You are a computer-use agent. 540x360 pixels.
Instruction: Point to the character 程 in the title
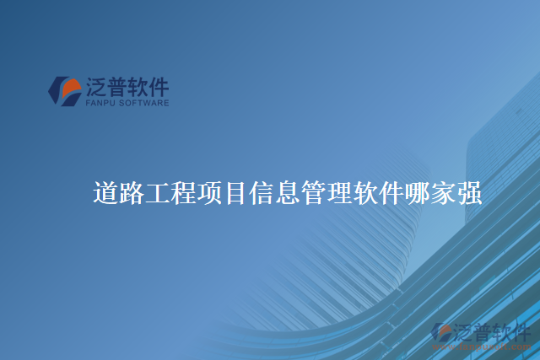click(183, 193)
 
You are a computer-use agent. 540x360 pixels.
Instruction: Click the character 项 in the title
click(209, 193)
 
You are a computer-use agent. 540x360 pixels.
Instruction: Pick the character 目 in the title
click(235, 193)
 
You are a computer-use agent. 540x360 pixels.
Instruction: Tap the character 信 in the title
click(261, 193)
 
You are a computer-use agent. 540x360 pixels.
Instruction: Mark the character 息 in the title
click(287, 193)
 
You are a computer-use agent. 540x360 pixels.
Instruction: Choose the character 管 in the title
click(313, 193)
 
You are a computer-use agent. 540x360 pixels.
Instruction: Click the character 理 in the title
click(338, 193)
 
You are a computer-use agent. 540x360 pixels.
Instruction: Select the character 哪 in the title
click(417, 193)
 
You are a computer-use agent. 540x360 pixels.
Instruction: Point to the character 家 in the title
click(443, 193)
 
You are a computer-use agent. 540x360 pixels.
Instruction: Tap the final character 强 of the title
click(469, 193)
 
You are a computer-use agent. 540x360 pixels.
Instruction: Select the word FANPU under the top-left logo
click(100, 104)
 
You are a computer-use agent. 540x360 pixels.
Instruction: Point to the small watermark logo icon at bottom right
click(441, 332)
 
